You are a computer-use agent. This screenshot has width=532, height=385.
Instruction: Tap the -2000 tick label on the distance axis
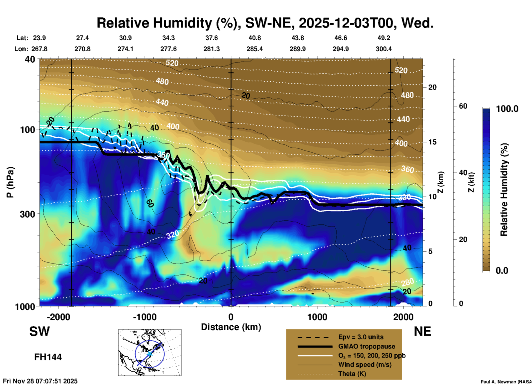58,317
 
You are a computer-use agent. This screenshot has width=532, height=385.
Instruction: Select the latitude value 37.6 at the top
212,38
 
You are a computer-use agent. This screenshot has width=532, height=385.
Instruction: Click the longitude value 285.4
254,49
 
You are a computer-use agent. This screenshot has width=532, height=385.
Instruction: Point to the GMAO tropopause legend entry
367,346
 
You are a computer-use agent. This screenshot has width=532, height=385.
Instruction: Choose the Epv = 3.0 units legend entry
361,337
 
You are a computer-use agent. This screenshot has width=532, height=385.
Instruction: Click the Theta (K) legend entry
352,374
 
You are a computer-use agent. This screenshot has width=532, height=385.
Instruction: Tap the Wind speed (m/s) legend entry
365,365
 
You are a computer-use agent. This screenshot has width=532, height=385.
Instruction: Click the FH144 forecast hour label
48,357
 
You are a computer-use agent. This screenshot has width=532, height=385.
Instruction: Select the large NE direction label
422,331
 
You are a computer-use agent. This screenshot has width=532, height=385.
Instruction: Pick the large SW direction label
39,331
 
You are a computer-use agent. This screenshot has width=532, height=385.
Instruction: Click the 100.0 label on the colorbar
507,109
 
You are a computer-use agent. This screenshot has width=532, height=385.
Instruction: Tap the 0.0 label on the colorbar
502,271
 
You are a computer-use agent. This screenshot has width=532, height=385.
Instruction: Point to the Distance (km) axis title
231,327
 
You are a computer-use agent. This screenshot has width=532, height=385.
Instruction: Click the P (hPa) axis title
10,182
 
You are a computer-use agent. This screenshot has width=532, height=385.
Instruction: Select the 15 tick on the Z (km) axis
432,142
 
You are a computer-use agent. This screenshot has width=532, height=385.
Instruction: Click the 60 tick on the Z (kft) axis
463,106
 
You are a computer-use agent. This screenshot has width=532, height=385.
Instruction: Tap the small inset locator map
150,352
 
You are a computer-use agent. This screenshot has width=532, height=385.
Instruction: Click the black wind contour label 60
150,203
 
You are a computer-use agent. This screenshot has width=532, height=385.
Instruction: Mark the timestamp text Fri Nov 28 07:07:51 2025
40,381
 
